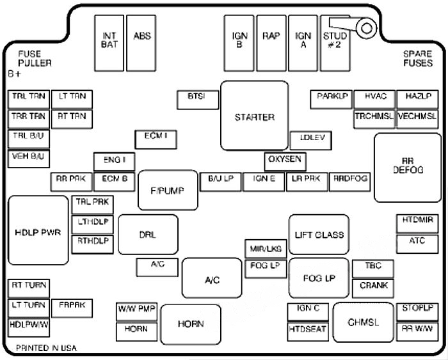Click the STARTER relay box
pyautogui.click(x=254, y=116)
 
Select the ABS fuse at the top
pyautogui.click(x=141, y=42)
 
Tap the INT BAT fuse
pyautogui.click(x=109, y=42)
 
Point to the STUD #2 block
pyautogui.click(x=335, y=43)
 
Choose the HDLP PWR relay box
pyautogui.click(x=38, y=231)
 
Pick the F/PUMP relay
pyautogui.click(x=167, y=191)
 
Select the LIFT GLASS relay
pyautogui.click(x=319, y=235)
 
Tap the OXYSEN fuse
pyautogui.click(x=285, y=160)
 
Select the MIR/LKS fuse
pyautogui.click(x=264, y=249)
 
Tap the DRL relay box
pyautogui.click(x=147, y=235)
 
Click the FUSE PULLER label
pyautogui.click(x=35, y=59)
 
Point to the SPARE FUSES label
pyautogui.click(x=417, y=59)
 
